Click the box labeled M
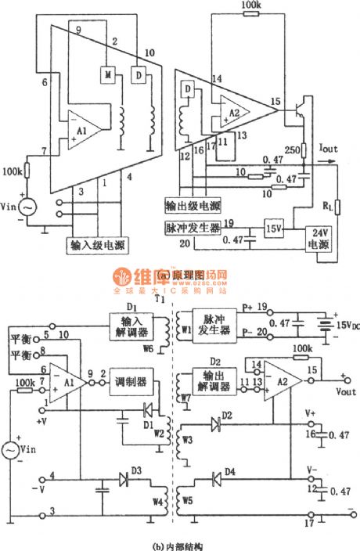pos(105,74)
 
